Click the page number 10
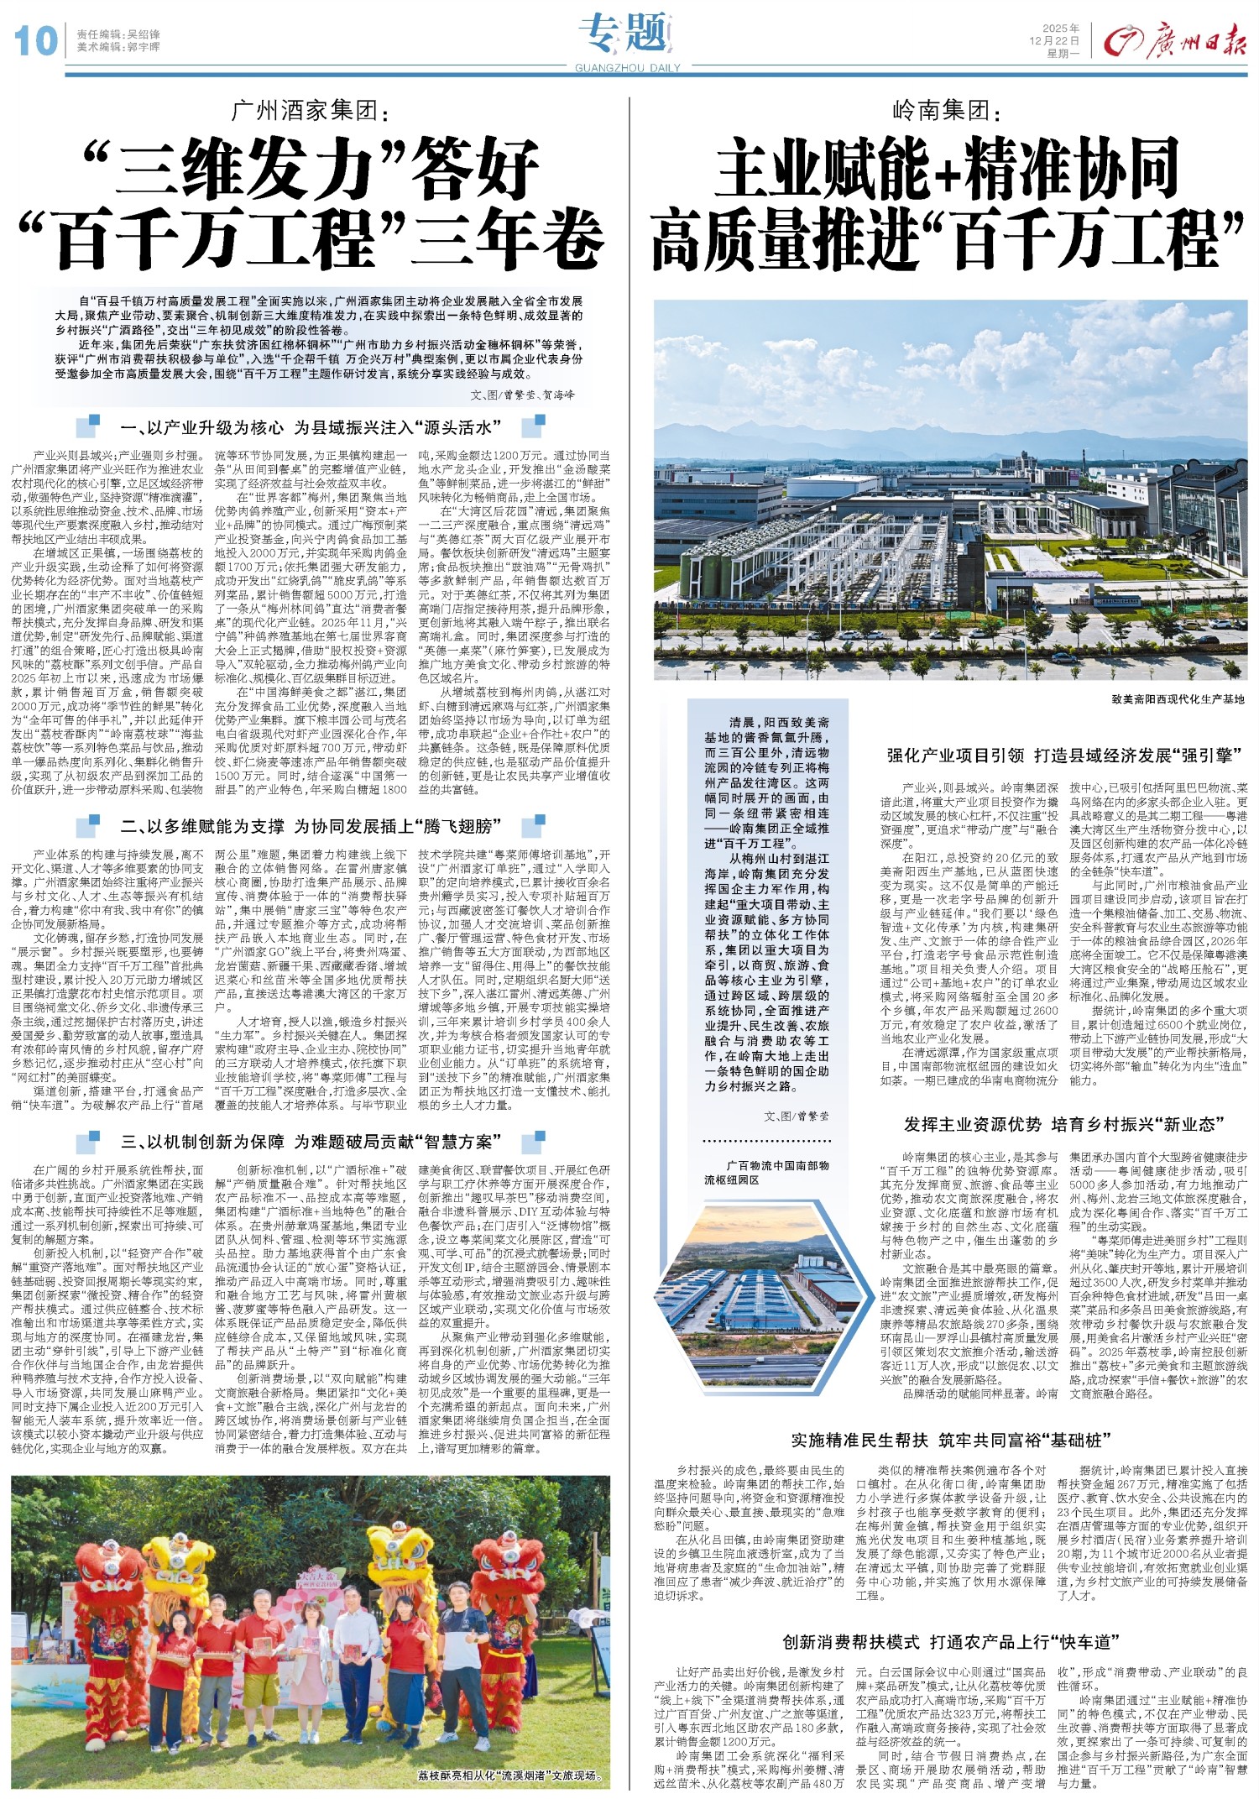pos(34,40)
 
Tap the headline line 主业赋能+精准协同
pos(948,168)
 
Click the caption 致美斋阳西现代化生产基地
pos(1172,698)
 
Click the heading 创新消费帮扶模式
pos(851,1641)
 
